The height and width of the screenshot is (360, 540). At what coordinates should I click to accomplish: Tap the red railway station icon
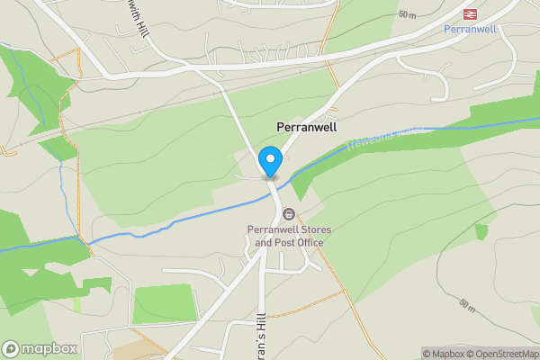469,13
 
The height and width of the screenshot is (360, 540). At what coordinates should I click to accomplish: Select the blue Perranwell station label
469,29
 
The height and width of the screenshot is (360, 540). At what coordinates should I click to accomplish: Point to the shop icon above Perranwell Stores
289,214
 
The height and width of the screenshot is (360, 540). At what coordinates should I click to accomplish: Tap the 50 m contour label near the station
408,15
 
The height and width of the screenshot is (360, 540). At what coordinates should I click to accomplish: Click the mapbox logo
40,348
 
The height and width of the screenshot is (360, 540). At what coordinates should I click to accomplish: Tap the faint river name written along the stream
378,137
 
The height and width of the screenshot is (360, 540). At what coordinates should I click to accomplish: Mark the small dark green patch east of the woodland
481,231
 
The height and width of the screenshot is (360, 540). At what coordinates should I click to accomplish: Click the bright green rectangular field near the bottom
164,303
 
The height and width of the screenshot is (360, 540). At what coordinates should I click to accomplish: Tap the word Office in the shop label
308,242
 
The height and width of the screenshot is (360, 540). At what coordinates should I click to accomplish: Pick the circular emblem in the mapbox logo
11,348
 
